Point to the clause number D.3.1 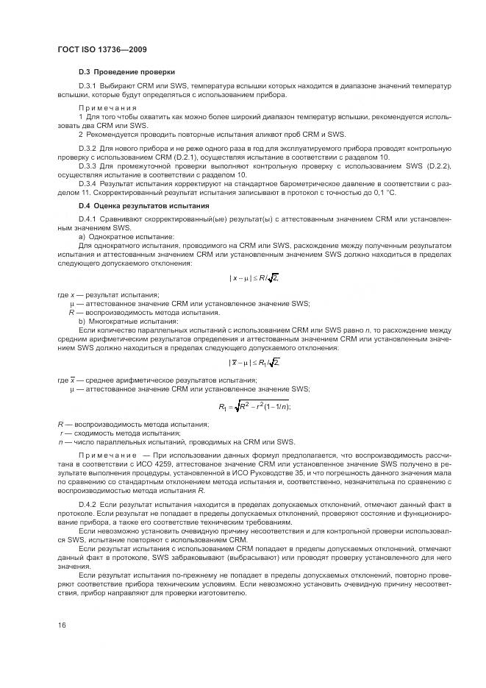coord(87,87)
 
